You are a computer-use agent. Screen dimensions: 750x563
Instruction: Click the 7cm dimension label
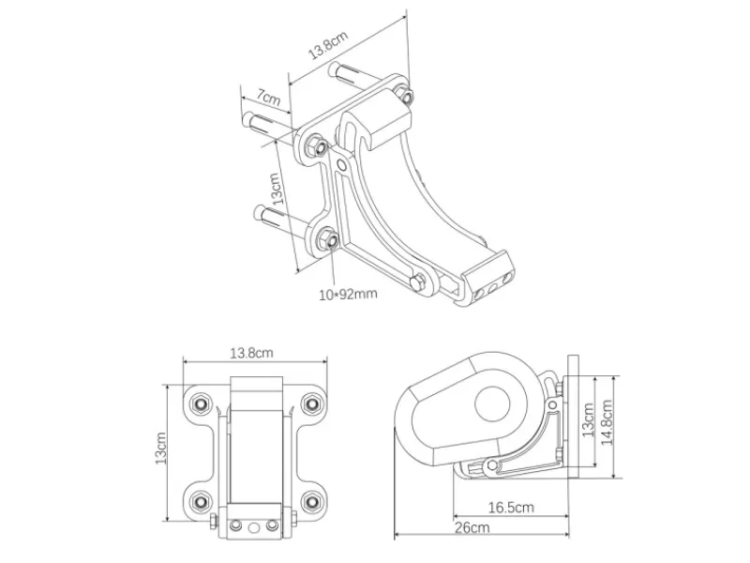point(268,98)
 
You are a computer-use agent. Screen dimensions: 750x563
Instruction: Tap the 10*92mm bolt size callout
point(348,294)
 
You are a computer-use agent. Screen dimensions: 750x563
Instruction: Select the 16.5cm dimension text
point(511,507)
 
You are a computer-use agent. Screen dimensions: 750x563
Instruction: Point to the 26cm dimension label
point(472,527)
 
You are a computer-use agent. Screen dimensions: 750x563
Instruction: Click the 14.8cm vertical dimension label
point(607,422)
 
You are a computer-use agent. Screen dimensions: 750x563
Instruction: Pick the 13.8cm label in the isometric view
point(328,44)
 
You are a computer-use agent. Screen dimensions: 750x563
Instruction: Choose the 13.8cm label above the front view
point(251,354)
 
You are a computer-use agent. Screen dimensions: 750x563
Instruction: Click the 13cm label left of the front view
point(160,449)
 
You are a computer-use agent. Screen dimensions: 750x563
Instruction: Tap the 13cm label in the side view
point(588,419)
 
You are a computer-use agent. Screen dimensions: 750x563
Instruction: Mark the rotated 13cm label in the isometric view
point(277,189)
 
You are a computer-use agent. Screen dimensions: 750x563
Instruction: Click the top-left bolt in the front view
point(201,404)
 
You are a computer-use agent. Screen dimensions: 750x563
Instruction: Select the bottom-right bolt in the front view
point(312,501)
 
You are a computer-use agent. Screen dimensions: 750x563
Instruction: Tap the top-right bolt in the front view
point(312,404)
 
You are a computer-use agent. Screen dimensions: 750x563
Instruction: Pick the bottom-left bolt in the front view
point(201,501)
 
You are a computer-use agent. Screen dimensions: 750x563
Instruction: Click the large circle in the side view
point(492,404)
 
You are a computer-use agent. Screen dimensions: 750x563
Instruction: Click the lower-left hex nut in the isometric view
point(327,239)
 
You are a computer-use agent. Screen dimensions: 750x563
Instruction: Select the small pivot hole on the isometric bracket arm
point(341,166)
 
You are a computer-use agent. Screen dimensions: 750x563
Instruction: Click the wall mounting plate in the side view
point(573,417)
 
